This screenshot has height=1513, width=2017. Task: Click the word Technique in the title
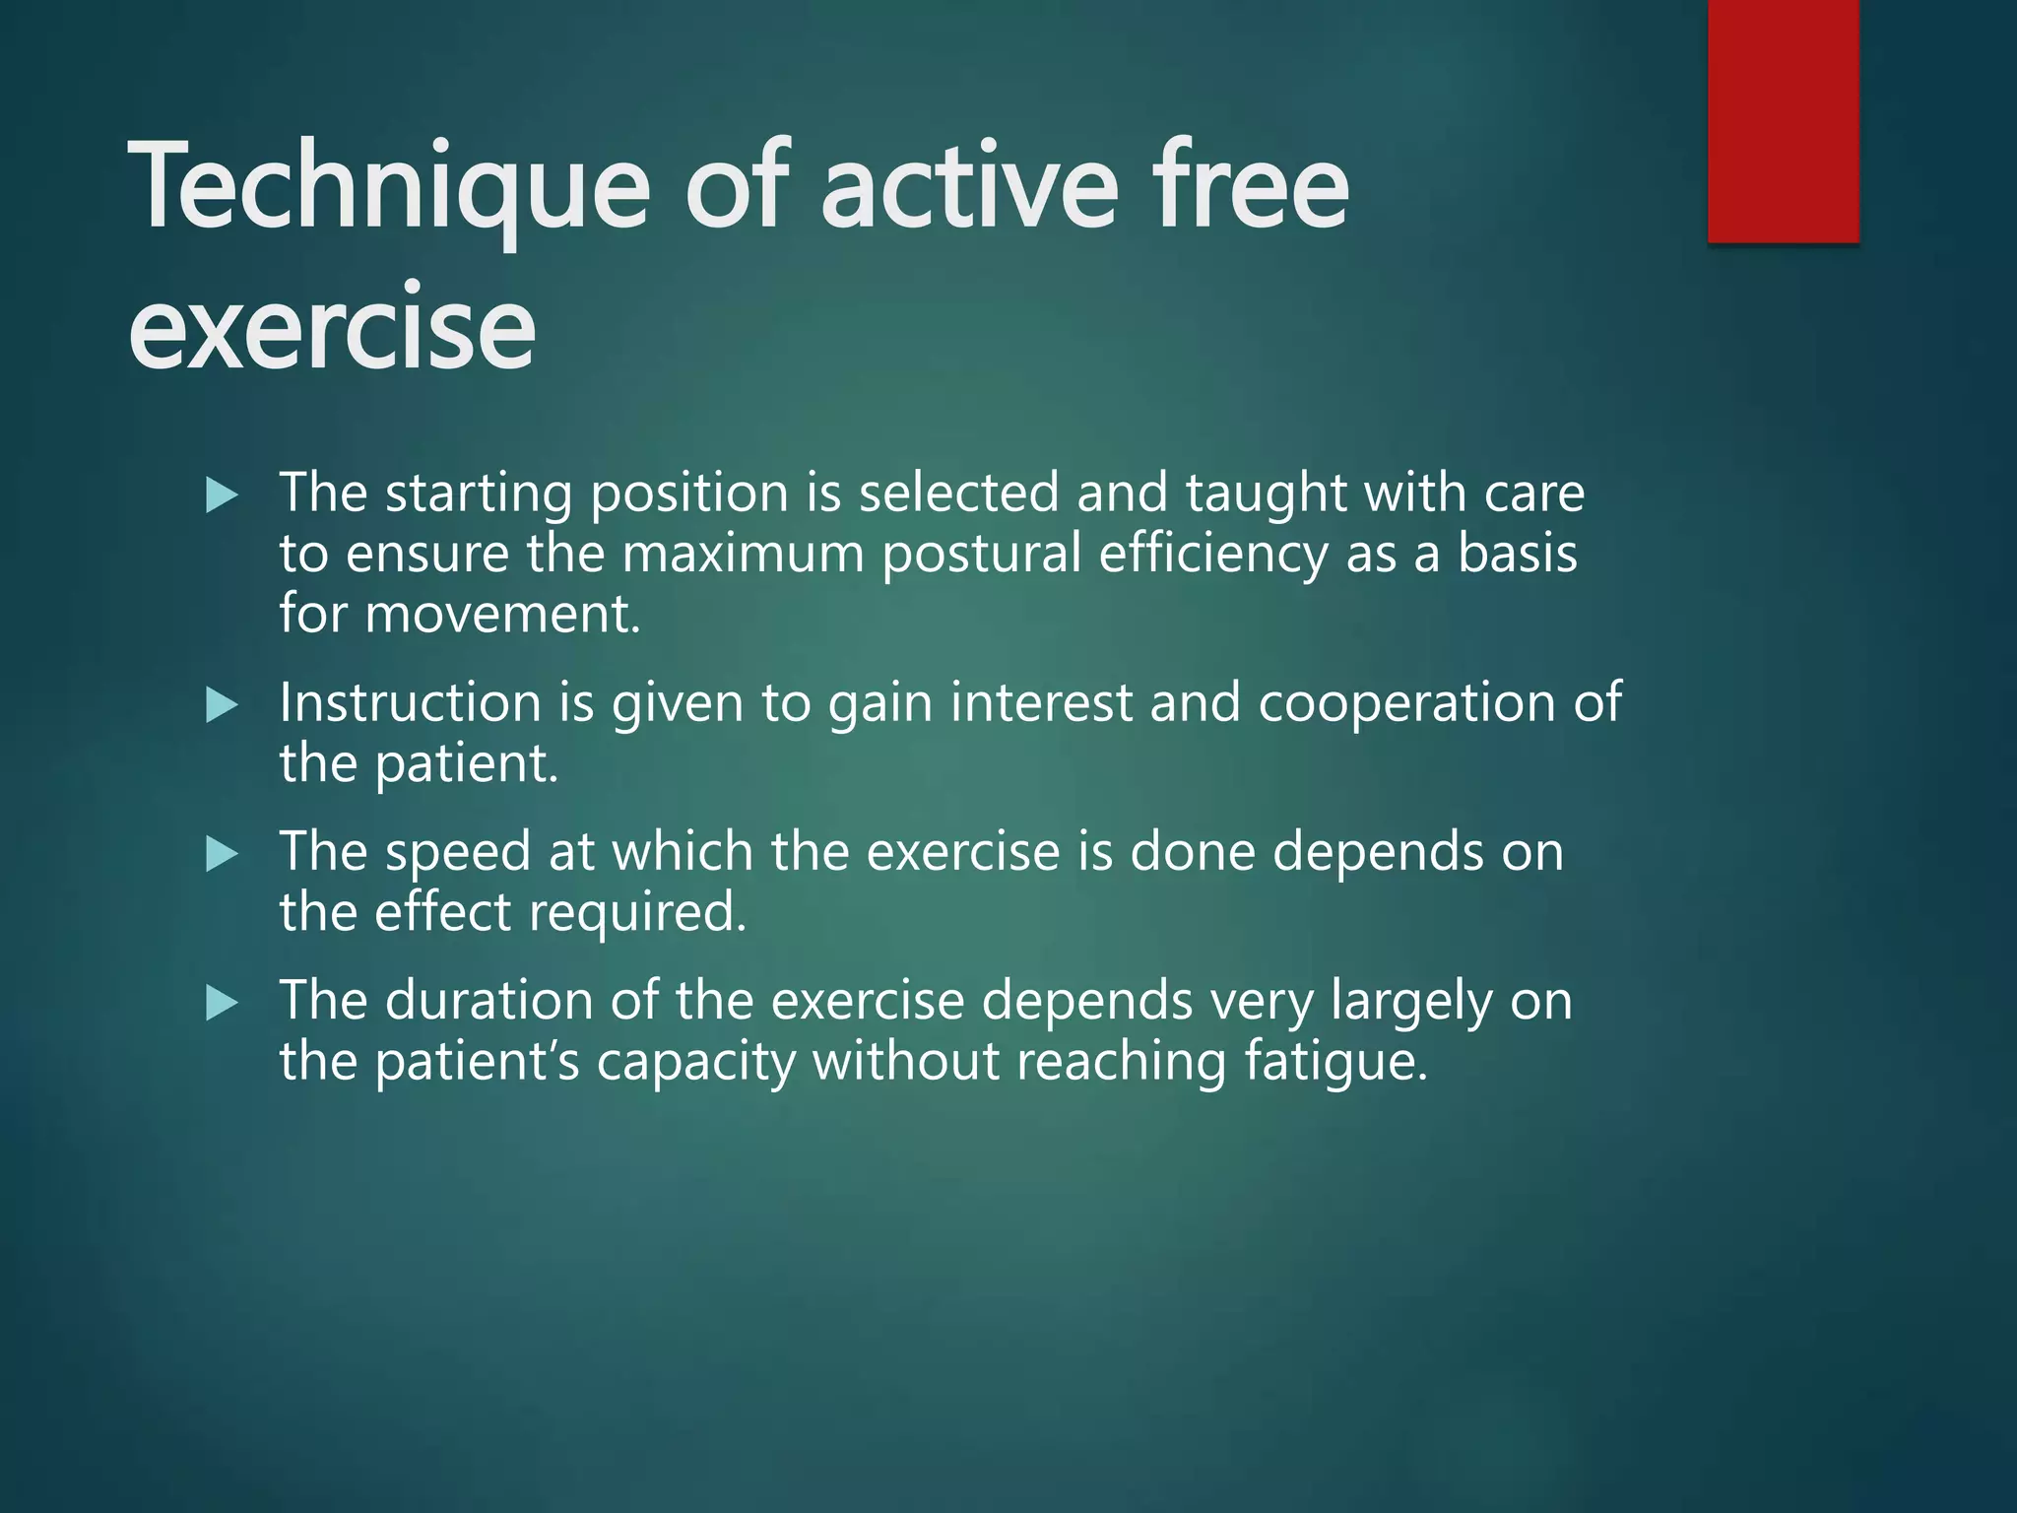click(x=389, y=187)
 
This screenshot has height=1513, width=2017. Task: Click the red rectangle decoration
click(x=1783, y=120)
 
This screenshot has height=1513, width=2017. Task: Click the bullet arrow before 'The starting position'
click(x=222, y=495)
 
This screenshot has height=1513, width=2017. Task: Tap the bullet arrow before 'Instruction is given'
click(x=222, y=705)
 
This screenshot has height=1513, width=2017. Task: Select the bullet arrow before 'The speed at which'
click(x=222, y=854)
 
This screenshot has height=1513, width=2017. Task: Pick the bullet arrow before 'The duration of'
click(x=222, y=1004)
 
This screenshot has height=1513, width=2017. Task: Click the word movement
click(x=502, y=615)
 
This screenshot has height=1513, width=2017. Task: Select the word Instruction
click(x=410, y=703)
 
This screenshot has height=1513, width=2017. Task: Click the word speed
click(x=458, y=853)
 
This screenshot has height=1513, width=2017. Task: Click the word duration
click(x=488, y=1001)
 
